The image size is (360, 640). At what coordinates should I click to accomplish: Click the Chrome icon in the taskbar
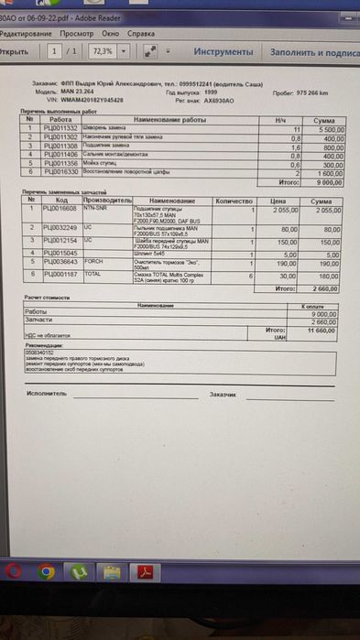[x=48, y=572]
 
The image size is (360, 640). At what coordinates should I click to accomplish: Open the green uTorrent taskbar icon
[x=80, y=572]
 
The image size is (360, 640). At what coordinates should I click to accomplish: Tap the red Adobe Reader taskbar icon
[x=143, y=572]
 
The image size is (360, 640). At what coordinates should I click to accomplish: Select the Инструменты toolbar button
[x=224, y=52]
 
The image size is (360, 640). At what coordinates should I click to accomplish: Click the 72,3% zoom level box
[x=102, y=52]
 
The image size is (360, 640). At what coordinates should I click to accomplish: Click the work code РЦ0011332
[x=61, y=127]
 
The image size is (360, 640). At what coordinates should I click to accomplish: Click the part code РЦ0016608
[x=61, y=209]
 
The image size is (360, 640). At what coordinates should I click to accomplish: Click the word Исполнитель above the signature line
[x=48, y=393]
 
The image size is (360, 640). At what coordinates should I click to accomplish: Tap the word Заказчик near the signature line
[x=224, y=394]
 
